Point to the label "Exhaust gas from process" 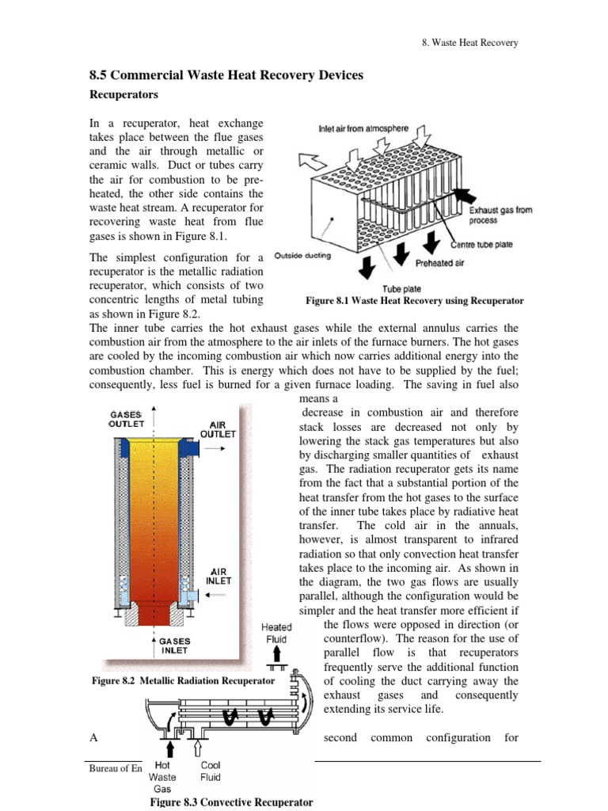tap(501, 215)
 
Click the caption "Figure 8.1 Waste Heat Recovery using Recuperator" tap(414, 301)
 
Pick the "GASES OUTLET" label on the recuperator tap(125, 419)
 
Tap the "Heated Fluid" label tap(276, 633)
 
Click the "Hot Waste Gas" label tap(162, 778)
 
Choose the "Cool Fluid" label tap(211, 772)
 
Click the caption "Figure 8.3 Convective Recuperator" tap(226, 802)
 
